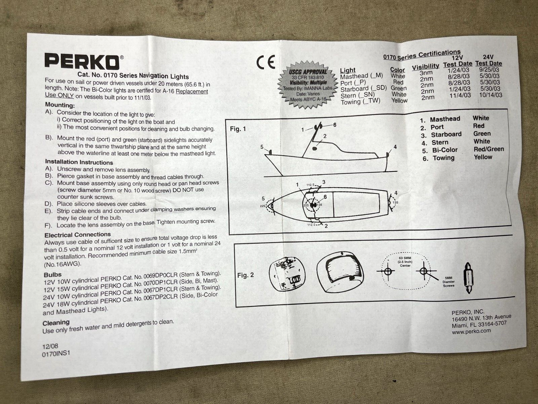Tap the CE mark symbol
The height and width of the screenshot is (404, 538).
click(x=266, y=62)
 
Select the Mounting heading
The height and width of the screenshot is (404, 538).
click(x=60, y=105)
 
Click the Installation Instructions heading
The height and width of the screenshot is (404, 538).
click(x=79, y=162)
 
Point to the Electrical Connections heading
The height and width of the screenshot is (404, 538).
click(x=77, y=235)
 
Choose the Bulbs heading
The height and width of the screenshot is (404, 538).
click(x=52, y=275)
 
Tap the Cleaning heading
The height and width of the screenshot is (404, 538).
click(x=56, y=323)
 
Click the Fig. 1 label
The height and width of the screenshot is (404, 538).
click(x=238, y=129)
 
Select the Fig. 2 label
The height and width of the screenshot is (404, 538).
click(x=245, y=275)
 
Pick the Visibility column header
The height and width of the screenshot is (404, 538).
click(x=426, y=67)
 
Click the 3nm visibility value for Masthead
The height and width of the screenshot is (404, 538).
click(x=426, y=73)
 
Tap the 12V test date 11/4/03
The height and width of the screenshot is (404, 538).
click(x=460, y=95)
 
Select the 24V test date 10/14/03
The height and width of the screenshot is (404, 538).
click(x=490, y=95)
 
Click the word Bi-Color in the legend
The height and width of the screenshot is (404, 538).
click(x=445, y=150)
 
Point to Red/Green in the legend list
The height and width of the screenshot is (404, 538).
click(x=488, y=149)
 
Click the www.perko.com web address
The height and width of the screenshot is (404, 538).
click(x=471, y=331)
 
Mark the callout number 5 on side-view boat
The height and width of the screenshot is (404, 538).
click(x=262, y=147)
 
